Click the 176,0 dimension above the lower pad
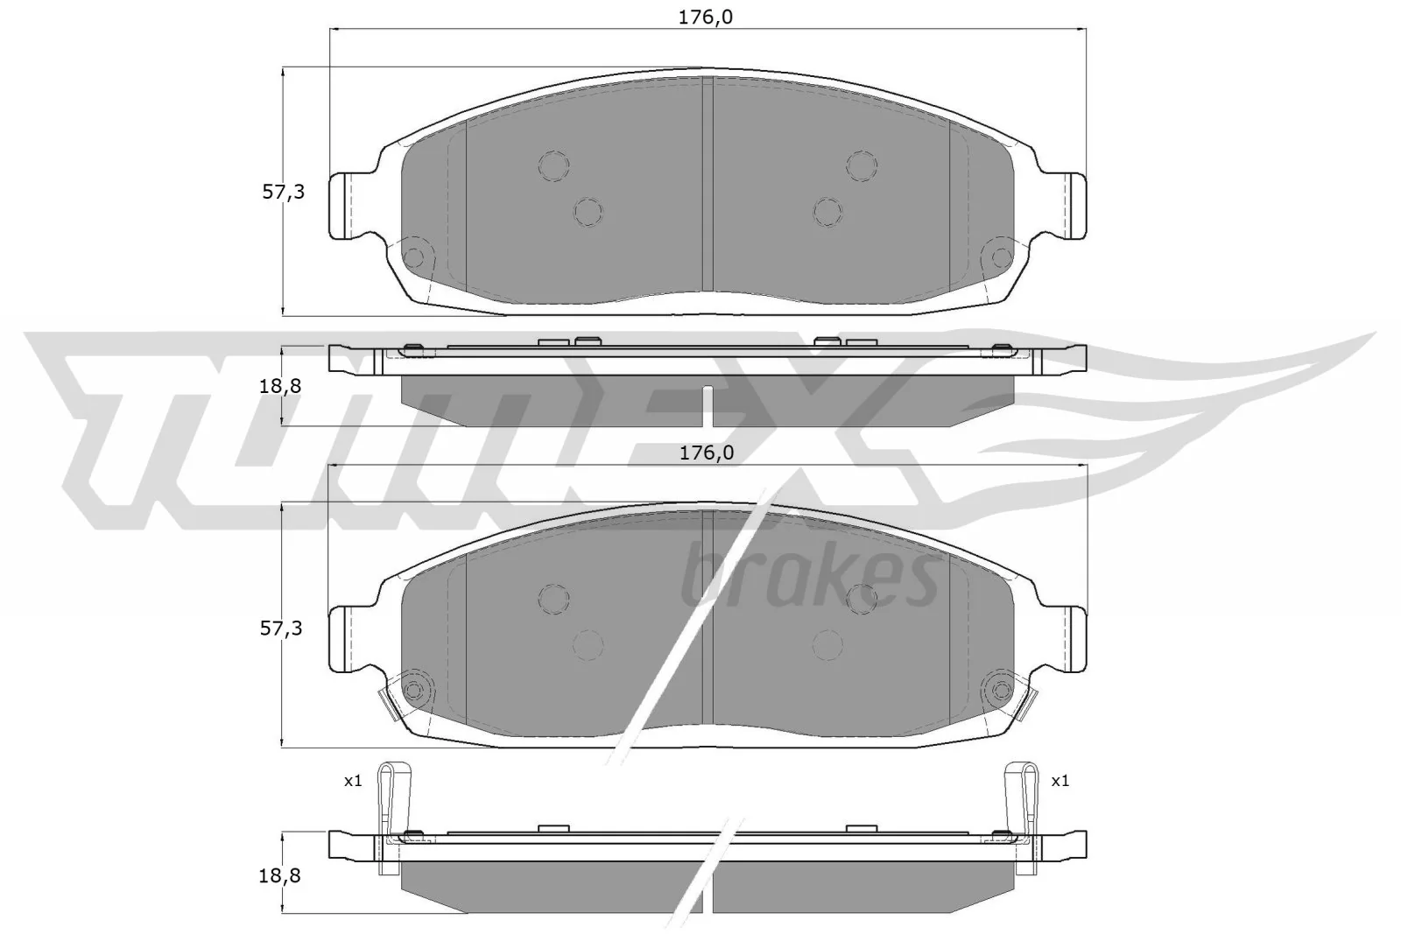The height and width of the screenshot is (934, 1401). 707,453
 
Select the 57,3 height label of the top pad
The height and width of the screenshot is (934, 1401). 284,192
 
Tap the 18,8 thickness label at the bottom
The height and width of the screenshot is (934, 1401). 282,874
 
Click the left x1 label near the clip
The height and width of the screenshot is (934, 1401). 352,780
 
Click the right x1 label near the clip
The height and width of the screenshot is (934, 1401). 1060,780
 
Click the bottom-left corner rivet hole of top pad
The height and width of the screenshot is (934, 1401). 415,257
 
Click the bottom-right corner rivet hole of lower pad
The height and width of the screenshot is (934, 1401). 997,690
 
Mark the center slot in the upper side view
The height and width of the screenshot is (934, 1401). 709,405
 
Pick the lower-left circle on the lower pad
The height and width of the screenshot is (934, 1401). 588,644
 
